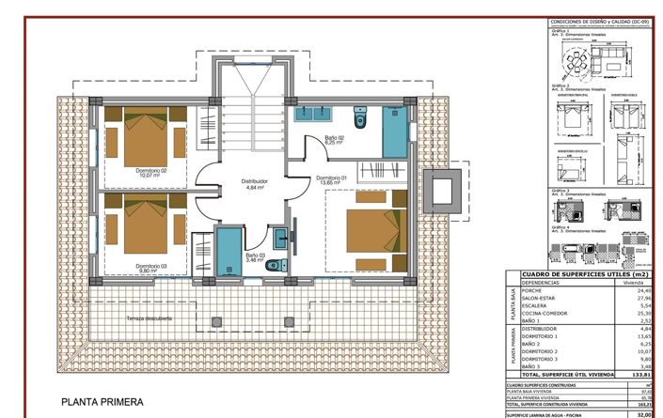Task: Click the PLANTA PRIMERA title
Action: tap(103, 402)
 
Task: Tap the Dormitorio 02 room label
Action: tap(150, 172)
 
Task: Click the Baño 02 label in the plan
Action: tap(335, 140)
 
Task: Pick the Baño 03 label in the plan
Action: tap(256, 255)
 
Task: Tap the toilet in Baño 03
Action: tap(273, 266)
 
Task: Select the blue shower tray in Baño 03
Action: tap(229, 249)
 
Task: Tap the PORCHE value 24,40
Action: tap(644, 290)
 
